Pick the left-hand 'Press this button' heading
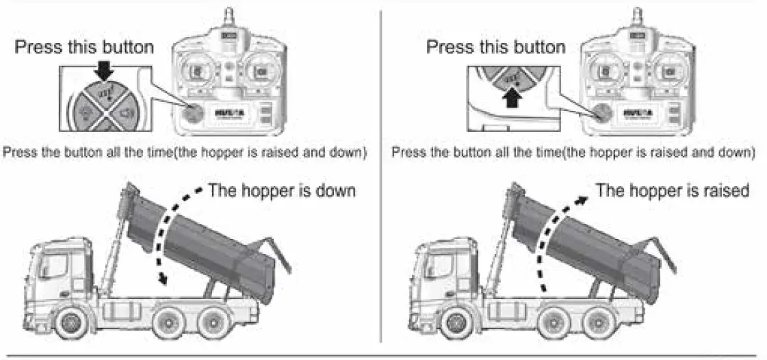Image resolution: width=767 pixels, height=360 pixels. [x=84, y=47]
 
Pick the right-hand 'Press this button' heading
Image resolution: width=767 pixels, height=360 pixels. [x=495, y=47]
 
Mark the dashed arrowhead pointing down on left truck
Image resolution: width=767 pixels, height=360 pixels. [x=161, y=279]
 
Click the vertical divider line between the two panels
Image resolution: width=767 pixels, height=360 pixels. [x=380, y=178]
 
